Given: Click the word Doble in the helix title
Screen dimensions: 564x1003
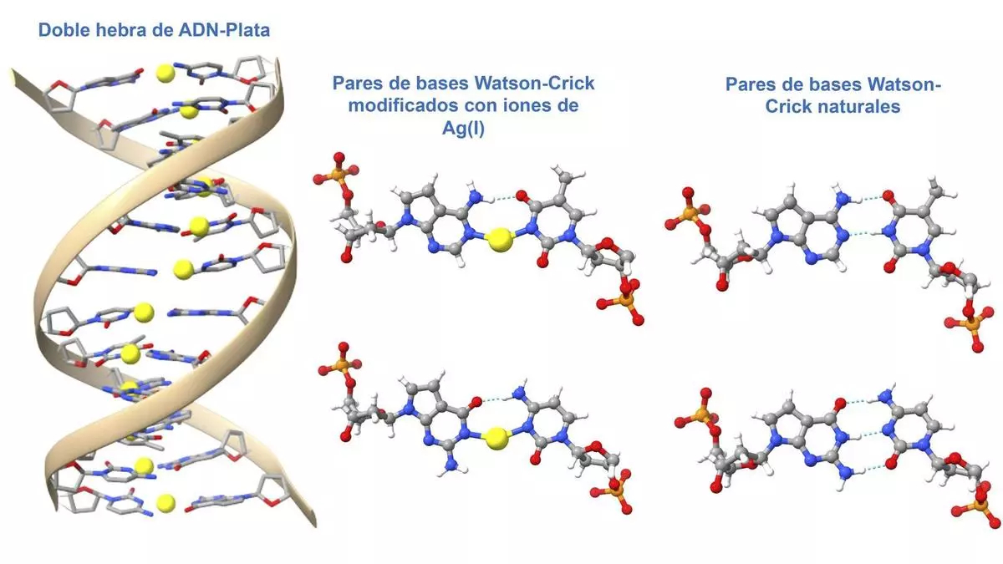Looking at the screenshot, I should pyautogui.click(x=62, y=31).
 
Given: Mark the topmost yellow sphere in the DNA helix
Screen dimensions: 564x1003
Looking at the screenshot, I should pyautogui.click(x=166, y=73).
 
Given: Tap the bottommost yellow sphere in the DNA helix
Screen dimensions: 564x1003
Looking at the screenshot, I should pyautogui.click(x=166, y=502).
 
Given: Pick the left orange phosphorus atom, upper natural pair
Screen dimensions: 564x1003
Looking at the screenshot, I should pyautogui.click(x=689, y=214).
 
